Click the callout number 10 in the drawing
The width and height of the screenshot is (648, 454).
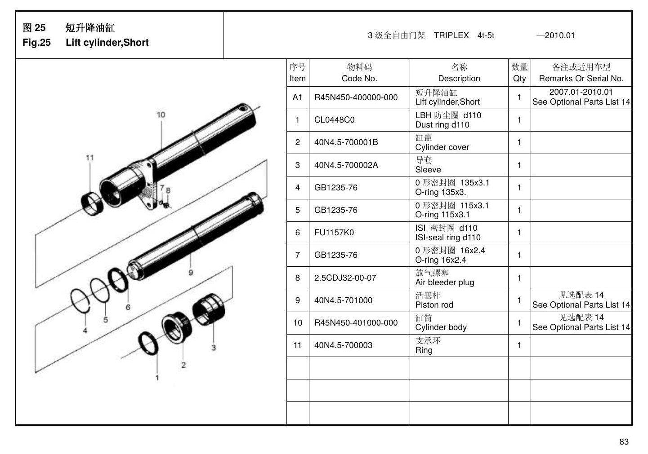point(161,115)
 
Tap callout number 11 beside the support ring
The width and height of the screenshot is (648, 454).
point(89,158)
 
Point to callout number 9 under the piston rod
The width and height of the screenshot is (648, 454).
point(191,272)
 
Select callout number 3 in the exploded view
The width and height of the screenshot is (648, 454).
point(214,348)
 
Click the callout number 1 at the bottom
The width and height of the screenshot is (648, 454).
point(157,378)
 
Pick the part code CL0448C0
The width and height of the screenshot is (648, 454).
point(334,120)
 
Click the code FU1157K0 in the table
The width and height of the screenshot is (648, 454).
point(334,233)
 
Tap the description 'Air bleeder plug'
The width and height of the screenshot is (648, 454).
point(445,282)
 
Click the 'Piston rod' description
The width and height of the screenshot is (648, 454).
point(434,305)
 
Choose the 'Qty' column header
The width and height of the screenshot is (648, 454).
point(519,79)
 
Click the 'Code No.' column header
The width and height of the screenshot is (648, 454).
point(359,79)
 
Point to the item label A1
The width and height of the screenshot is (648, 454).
point(297,97)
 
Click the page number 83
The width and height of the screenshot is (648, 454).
point(624,441)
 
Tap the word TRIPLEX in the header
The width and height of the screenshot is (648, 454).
point(451,35)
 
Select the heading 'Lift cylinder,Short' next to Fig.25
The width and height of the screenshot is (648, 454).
point(107,43)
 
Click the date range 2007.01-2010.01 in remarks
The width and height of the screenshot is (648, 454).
point(581,92)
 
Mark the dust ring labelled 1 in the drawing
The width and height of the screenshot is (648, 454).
point(148,344)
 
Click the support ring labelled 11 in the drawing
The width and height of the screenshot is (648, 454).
point(92,203)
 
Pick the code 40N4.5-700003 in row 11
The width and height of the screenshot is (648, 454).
point(343,345)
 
